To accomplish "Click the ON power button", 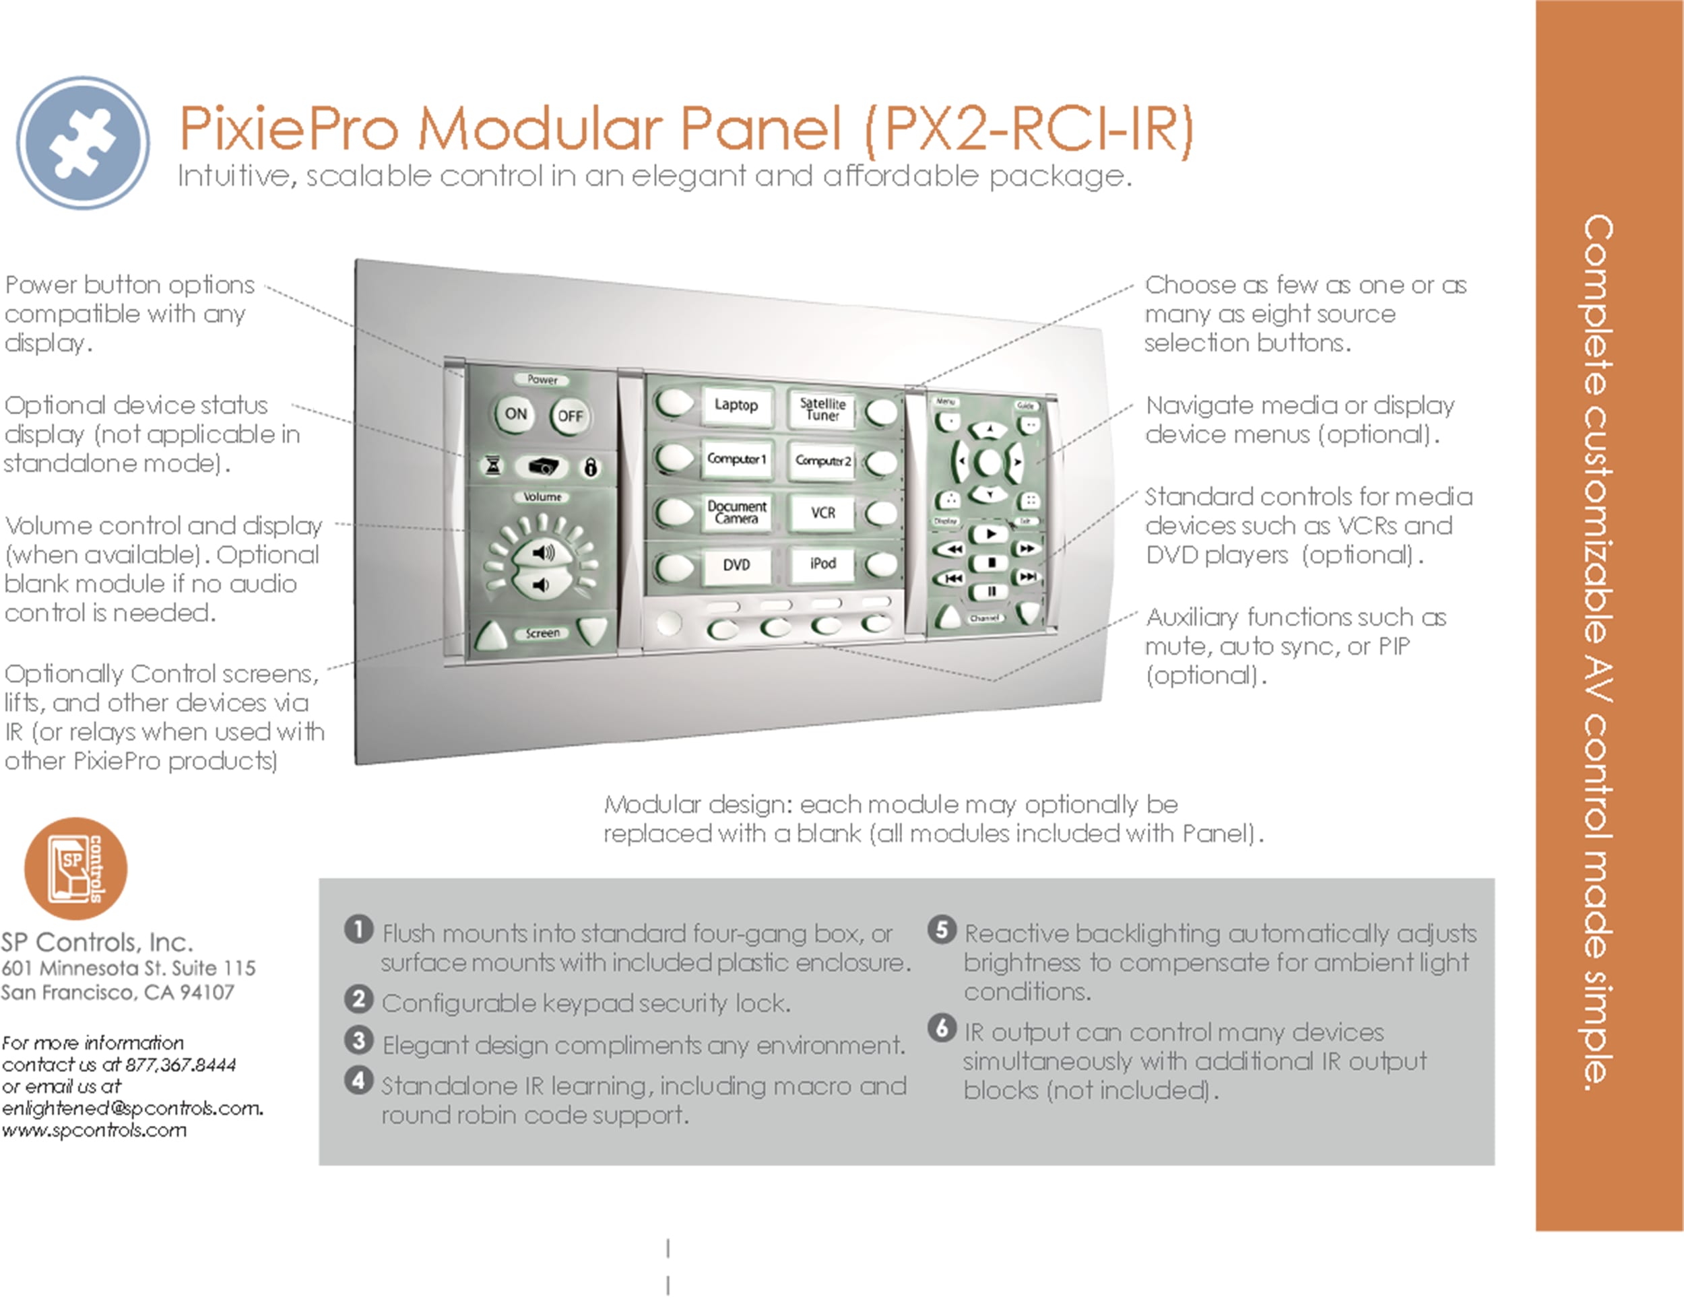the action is pos(515,414).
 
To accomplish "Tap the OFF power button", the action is pos(570,416).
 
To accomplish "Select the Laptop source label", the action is pos(736,405).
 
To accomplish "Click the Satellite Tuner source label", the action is pos(822,409).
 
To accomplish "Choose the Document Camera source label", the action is pos(736,512).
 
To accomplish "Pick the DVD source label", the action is pos(736,564).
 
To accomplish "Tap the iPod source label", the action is pos(822,564).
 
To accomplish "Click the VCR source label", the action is pos(822,512).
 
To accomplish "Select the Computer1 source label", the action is pos(736,459).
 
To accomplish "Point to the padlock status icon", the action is pos(591,467).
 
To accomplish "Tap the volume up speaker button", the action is pos(543,552).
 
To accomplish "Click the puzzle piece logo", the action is pos(82,143).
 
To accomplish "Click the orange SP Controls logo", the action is pos(75,868).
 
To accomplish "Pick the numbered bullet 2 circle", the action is pos(358,999).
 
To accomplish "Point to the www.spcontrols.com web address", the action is pos(94,1130).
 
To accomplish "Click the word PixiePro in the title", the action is pos(289,128).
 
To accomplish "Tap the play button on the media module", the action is pos(991,533).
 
